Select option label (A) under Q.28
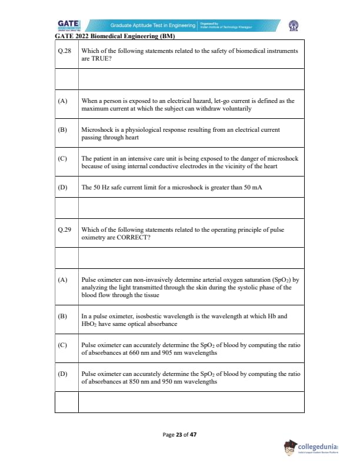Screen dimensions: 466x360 62,101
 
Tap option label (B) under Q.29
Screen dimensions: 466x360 62,316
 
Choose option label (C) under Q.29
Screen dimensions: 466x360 62,345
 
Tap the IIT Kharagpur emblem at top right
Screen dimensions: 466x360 292,25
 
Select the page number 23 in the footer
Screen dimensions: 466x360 179,435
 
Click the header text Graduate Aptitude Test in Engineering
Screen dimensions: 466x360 152,25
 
